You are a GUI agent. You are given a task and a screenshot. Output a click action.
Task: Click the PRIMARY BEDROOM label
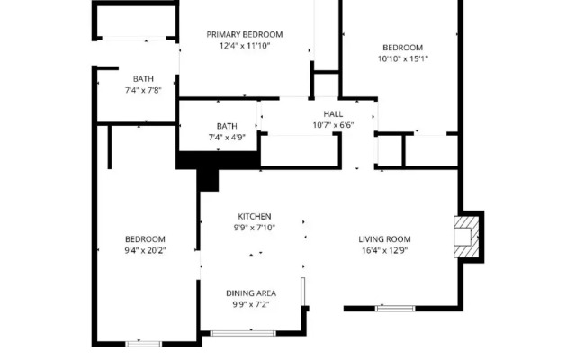[x=245, y=34]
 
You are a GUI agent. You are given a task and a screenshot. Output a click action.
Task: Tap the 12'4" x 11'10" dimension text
[x=245, y=46]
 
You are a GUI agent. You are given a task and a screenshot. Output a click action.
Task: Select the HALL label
[x=333, y=114]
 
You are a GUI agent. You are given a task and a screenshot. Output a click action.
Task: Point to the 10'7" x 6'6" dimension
[x=333, y=125]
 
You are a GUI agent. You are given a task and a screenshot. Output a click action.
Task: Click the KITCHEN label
[x=255, y=216]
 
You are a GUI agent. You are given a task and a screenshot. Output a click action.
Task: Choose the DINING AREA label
[x=251, y=293]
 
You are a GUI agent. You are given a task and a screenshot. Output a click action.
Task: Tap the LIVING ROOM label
[x=384, y=239]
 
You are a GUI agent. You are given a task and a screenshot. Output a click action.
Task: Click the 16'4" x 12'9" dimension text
[x=384, y=250]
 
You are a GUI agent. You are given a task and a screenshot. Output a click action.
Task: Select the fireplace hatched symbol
[x=466, y=237]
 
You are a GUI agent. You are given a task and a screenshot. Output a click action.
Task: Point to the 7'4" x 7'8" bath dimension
[x=143, y=90]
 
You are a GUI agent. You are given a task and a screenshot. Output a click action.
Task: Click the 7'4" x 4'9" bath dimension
[x=227, y=138]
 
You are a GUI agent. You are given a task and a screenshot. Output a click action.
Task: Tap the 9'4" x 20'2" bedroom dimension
[x=145, y=250]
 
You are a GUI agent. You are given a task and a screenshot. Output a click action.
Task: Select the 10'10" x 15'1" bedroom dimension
[x=403, y=58]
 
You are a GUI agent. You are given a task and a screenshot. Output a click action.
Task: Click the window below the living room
[x=395, y=308]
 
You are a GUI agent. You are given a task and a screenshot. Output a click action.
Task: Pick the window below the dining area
[x=243, y=333]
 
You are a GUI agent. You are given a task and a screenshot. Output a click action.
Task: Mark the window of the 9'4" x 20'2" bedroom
[x=143, y=344]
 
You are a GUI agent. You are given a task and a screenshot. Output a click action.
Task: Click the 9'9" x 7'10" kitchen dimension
[x=255, y=228]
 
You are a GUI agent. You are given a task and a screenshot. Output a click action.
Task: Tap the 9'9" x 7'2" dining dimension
[x=251, y=304]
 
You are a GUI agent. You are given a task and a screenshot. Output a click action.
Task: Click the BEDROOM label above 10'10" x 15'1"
[x=403, y=48]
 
